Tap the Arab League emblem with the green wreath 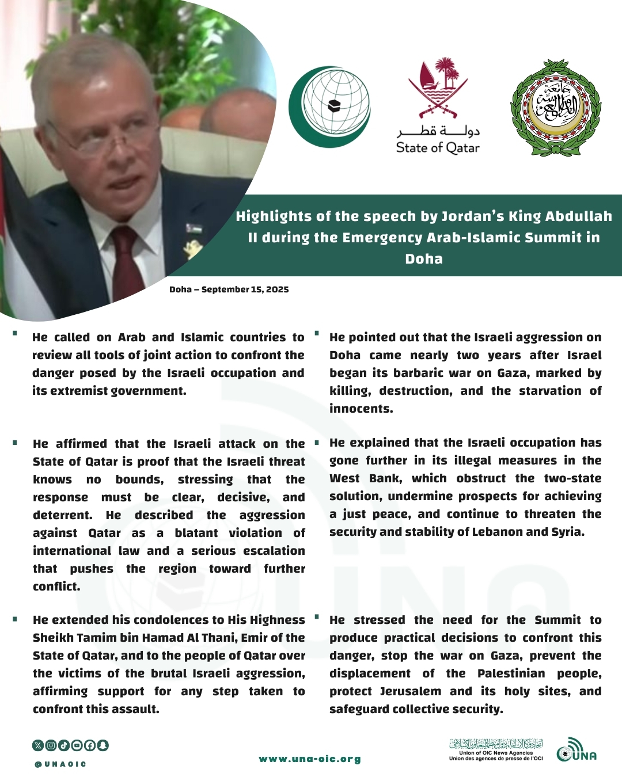click(556, 108)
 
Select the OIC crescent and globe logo click(329, 106)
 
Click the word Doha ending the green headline click(424, 259)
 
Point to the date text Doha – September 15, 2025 click(229, 290)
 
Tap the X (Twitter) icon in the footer click(38, 745)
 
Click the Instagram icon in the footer click(51, 745)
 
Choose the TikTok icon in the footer click(64, 745)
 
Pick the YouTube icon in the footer click(77, 745)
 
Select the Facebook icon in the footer click(90, 745)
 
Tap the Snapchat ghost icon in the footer click(103, 745)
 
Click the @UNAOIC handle click(60, 764)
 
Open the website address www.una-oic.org click(310, 759)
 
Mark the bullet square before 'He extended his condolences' click(15, 619)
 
